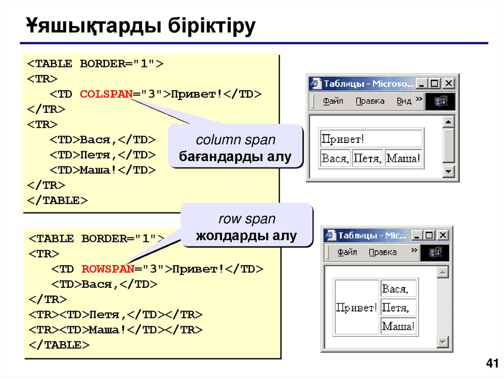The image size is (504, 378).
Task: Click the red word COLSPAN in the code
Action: (x=105, y=94)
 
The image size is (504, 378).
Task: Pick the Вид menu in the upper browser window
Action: (x=404, y=101)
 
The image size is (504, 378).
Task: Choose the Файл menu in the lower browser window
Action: (x=347, y=252)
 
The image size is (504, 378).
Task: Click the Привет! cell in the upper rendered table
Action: (x=371, y=139)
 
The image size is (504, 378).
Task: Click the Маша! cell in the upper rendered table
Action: (x=404, y=159)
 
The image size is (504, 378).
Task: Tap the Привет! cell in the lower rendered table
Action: (x=356, y=308)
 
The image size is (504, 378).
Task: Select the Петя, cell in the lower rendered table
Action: (x=398, y=308)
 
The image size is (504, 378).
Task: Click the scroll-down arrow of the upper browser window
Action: (x=448, y=171)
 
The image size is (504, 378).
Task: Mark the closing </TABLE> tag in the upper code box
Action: (x=57, y=201)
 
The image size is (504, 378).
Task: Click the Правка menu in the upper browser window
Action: (x=370, y=101)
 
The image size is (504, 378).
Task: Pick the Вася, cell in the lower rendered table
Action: (x=398, y=289)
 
